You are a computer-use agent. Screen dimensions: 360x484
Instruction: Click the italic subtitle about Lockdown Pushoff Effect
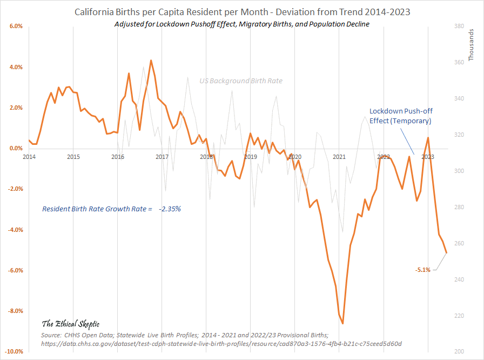(241, 25)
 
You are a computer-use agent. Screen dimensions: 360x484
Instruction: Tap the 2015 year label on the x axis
(73, 157)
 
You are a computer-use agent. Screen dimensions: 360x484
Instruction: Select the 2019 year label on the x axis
(251, 157)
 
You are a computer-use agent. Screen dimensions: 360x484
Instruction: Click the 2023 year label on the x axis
(428, 157)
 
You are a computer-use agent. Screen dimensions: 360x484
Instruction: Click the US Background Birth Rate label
(241, 81)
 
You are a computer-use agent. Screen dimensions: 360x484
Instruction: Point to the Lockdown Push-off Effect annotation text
(400, 116)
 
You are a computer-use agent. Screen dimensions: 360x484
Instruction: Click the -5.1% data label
(423, 270)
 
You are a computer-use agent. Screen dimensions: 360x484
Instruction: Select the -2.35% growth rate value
(170, 208)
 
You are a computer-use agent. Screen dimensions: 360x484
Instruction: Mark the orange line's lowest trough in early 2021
(342, 323)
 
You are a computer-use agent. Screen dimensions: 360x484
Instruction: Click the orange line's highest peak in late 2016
(151, 60)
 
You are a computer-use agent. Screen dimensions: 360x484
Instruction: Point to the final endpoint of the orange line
(447, 252)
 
